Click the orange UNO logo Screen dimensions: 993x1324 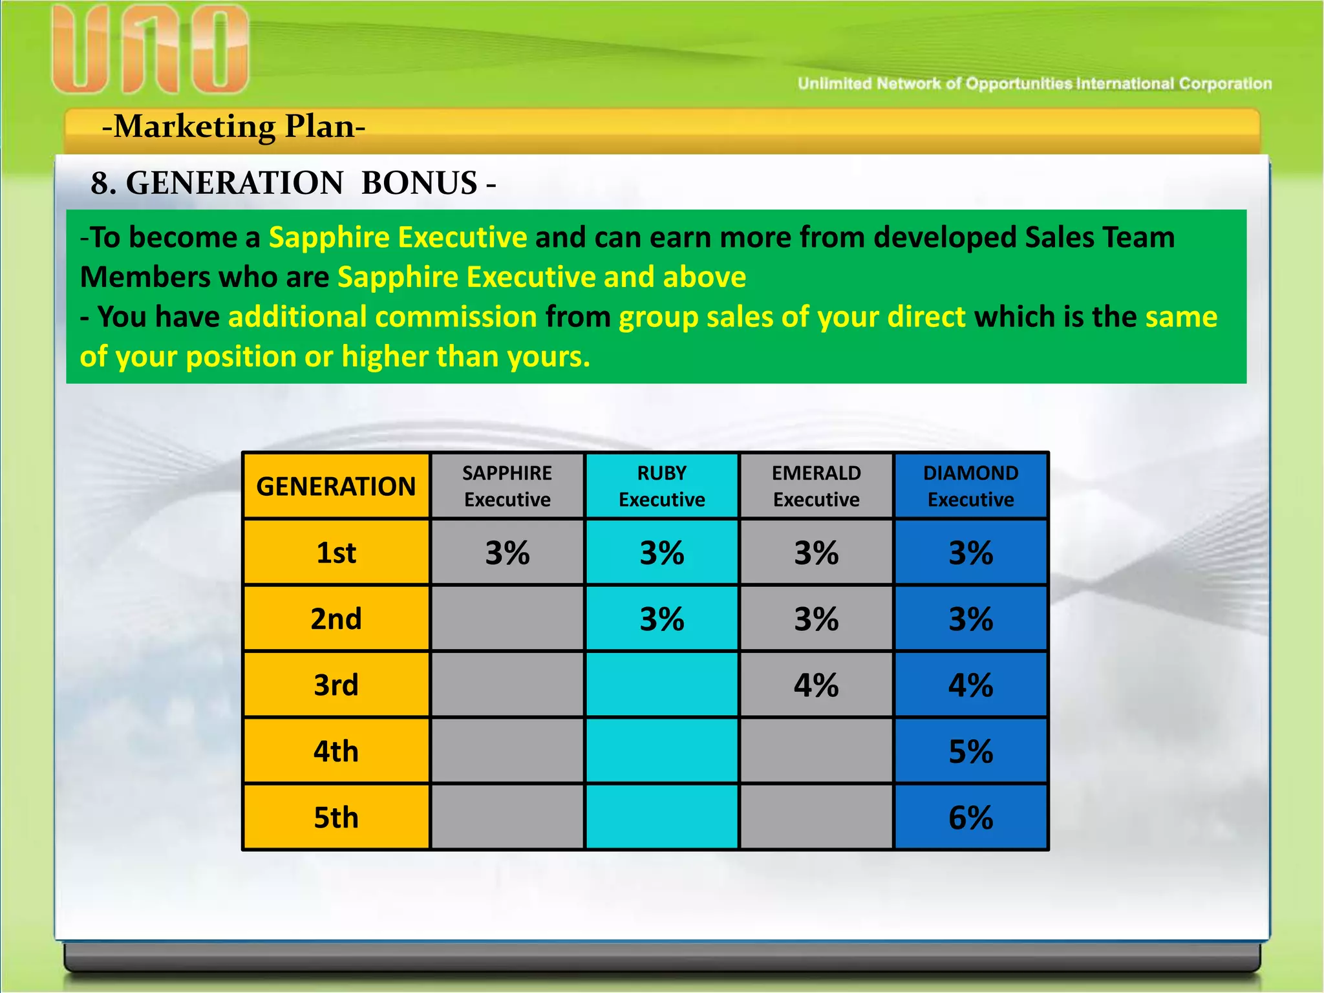pyautogui.click(x=150, y=50)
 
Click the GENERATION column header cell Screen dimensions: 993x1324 pyautogui.click(x=336, y=486)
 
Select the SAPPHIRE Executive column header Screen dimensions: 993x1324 pyautogui.click(x=507, y=486)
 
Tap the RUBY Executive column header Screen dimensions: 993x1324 pyautogui.click(x=661, y=486)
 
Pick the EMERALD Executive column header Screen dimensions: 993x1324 pyautogui.click(x=816, y=486)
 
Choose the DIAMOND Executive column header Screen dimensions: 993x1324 pyautogui.click(x=970, y=486)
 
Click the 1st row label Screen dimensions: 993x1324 pyautogui.click(x=336, y=553)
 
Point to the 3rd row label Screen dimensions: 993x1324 pyautogui.click(x=336, y=685)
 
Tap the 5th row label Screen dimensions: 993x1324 pyautogui.click(x=336, y=817)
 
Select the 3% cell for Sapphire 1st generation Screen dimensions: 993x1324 pyautogui.click(x=507, y=553)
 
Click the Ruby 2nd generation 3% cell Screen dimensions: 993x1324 pyautogui.click(x=661, y=619)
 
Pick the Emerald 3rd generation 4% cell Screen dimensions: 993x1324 pyautogui.click(x=816, y=685)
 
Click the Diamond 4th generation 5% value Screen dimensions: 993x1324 pyautogui.click(x=970, y=751)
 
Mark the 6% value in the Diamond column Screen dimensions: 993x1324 pyautogui.click(x=970, y=817)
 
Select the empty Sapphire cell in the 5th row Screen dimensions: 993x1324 pyautogui.click(x=507, y=817)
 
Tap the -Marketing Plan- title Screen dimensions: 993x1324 pyautogui.click(x=233, y=126)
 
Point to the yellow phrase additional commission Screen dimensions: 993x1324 pyautogui.click(x=383, y=317)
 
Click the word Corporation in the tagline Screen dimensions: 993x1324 pyautogui.click(x=1225, y=84)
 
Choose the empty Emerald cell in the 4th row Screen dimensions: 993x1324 pyautogui.click(x=816, y=751)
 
